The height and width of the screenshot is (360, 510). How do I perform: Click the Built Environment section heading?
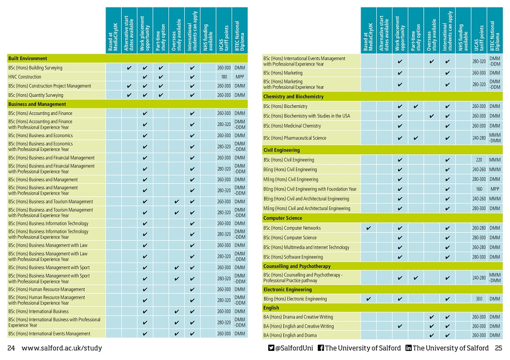tap(28, 58)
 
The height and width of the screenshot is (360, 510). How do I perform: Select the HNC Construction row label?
tap(25, 77)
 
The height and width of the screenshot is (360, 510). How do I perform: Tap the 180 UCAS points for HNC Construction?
tap(224, 77)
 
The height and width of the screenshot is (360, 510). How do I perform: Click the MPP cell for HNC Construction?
tap(240, 77)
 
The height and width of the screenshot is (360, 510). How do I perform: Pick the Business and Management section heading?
tap(37, 104)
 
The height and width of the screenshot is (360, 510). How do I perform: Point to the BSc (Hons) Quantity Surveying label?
tap(36, 95)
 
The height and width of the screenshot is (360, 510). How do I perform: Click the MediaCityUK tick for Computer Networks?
tap(368, 228)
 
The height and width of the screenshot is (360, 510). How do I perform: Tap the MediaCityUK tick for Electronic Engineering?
tap(368, 299)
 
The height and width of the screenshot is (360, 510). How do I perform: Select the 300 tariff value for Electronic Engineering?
tap(479, 299)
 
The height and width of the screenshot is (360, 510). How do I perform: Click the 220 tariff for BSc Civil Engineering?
tap(479, 160)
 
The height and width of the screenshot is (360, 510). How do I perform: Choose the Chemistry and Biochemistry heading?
tap(293, 97)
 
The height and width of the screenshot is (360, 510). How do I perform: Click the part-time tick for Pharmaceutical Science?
tap(415, 138)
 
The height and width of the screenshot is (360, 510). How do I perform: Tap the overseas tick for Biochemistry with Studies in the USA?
tap(431, 116)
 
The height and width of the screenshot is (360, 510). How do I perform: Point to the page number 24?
tap(11, 348)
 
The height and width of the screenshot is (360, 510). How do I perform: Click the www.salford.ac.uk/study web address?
tap(62, 348)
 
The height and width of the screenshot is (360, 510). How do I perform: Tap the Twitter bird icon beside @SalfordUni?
tap(271, 348)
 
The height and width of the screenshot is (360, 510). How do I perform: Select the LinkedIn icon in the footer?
tap(409, 348)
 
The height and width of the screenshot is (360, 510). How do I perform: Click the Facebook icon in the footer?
tap(321, 348)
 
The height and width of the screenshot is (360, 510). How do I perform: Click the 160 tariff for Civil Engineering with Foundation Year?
tap(479, 189)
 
